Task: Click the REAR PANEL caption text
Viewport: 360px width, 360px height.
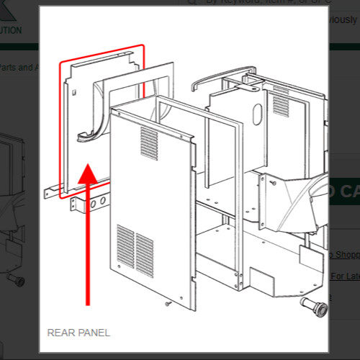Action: tap(78, 333)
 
